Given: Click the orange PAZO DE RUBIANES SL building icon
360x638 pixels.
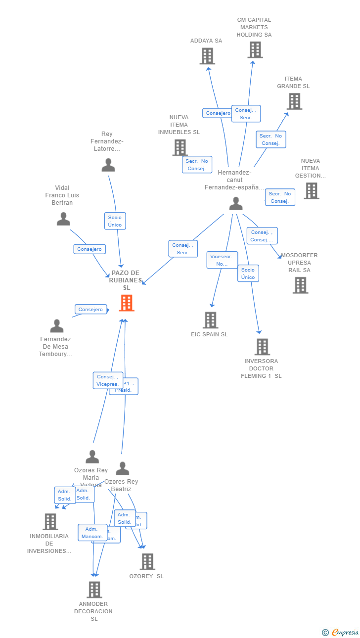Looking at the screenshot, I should point(127,303).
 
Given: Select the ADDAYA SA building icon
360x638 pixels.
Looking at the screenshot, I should point(207,56).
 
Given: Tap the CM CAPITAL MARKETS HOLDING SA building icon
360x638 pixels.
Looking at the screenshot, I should point(255,50).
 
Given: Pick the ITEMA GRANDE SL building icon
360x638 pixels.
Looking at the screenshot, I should point(294,101).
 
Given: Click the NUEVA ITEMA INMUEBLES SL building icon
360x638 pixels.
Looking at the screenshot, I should point(180,147).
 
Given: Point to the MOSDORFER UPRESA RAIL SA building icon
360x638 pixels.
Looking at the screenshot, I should point(300,285).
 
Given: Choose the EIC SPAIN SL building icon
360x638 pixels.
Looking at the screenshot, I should point(211,320).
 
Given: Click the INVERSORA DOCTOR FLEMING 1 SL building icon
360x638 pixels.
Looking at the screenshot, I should point(262,347).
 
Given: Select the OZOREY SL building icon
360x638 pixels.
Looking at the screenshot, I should point(147,562).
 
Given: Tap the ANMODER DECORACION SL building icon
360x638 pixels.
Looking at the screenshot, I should point(94,590).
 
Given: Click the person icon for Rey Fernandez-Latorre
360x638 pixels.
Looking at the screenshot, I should point(108,165).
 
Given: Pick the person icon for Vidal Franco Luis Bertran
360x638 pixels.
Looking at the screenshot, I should point(63,219).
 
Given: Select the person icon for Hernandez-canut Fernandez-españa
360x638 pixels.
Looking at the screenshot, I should point(236,204).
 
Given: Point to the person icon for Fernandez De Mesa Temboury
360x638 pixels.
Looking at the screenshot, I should point(57,326).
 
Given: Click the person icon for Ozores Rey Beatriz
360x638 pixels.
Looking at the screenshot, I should point(122,468).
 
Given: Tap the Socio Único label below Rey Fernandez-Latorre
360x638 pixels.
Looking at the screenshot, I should point(115,221).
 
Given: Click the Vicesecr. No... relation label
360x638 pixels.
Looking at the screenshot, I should point(222,260).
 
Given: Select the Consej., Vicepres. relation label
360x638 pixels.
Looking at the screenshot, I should point(107,380).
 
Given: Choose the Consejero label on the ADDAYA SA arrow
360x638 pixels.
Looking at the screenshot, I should point(218,113).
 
